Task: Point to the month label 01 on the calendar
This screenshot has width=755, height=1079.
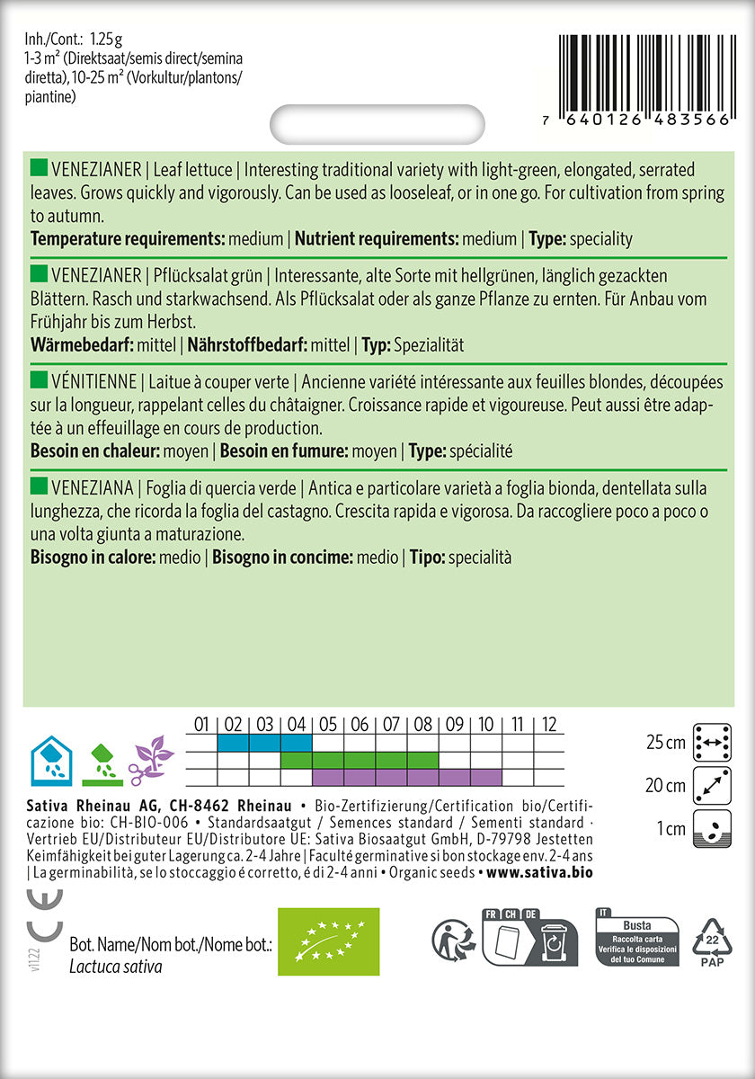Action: (x=201, y=724)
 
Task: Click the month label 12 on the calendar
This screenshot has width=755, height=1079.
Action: (x=548, y=724)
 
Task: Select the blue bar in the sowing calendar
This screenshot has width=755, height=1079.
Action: (x=264, y=743)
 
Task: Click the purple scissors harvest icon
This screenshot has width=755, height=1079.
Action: (x=150, y=758)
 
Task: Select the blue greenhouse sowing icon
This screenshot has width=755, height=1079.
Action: (x=52, y=758)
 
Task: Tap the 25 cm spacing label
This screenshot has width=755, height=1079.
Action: (x=665, y=743)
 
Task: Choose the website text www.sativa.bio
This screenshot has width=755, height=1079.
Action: (x=538, y=872)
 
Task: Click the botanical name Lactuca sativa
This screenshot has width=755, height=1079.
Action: (x=116, y=967)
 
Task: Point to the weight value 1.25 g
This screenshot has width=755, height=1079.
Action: (x=110, y=39)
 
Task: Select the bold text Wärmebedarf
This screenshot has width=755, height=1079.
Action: (x=81, y=345)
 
